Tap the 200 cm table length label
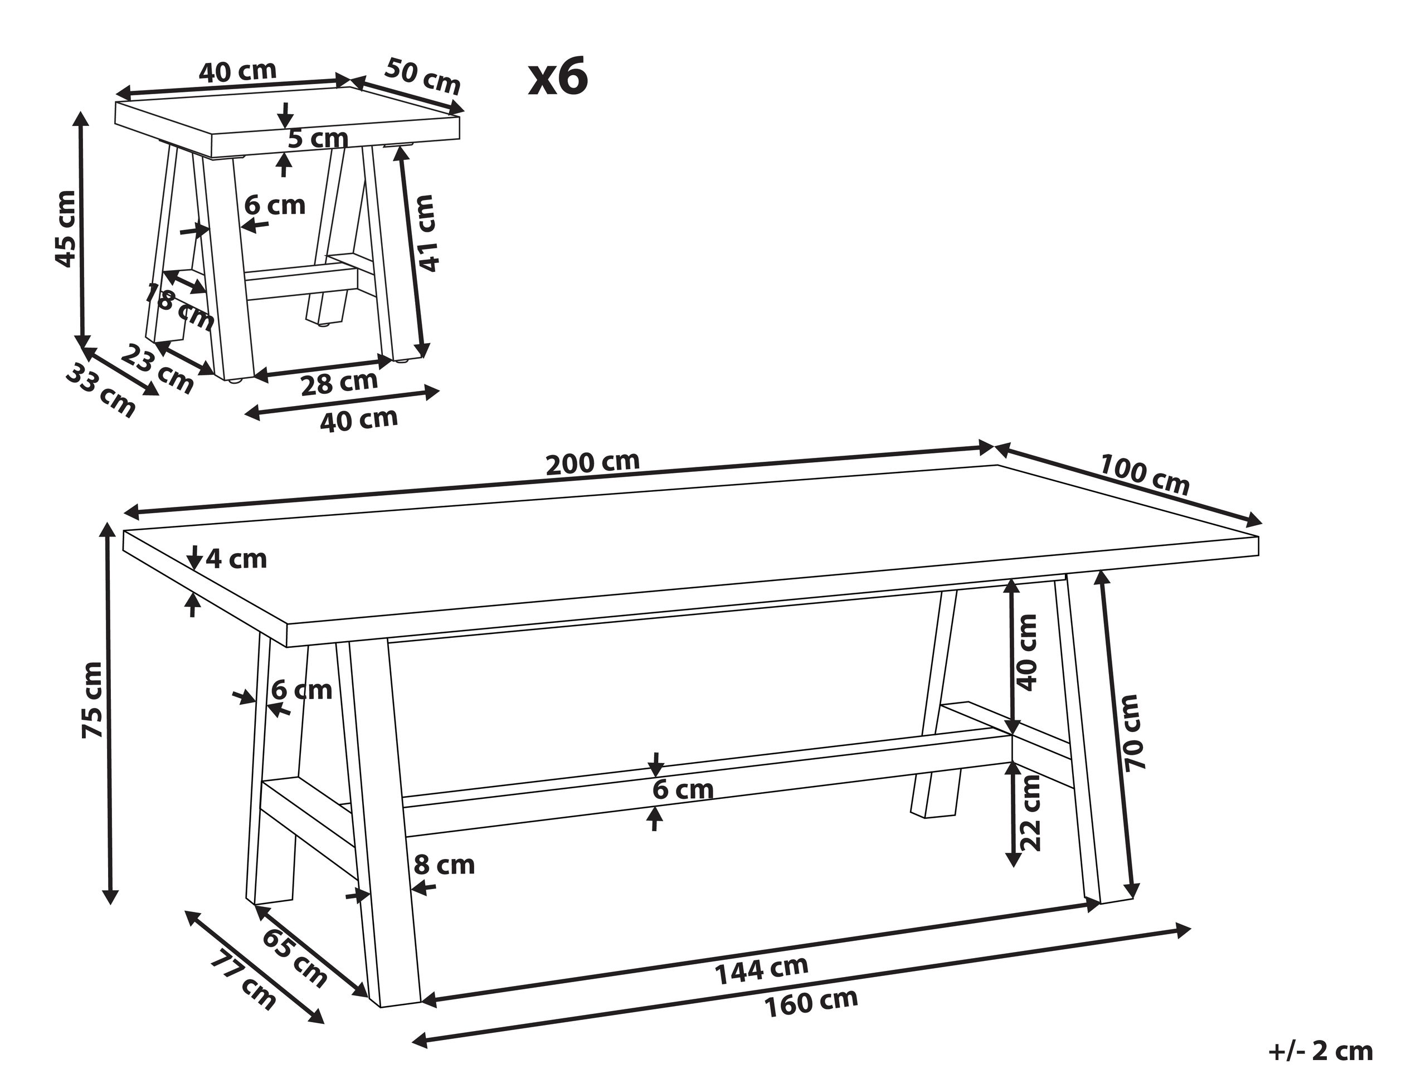tap(592, 463)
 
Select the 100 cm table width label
tap(1143, 476)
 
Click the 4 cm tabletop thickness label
tap(236, 559)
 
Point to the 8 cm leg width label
tap(444, 865)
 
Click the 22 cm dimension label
tap(1030, 813)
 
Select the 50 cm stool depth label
tap(423, 77)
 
